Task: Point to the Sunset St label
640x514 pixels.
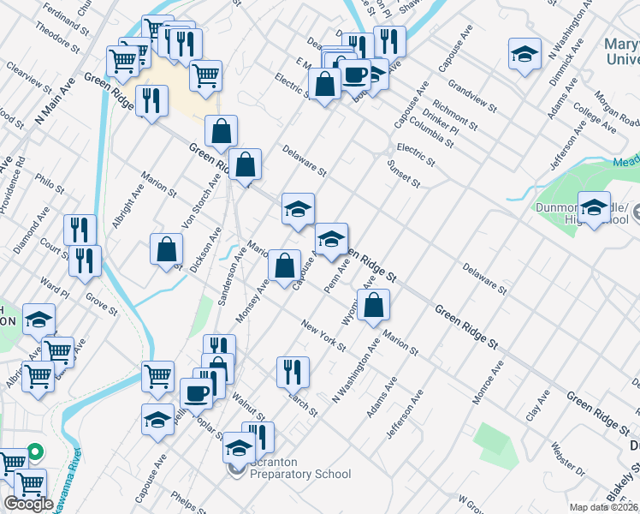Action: coord(404,172)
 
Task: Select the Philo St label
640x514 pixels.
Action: coord(50,184)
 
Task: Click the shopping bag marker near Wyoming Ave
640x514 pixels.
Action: coord(373,305)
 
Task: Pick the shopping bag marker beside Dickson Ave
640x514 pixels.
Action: coord(166,250)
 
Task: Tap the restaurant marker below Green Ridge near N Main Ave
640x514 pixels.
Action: coord(151,101)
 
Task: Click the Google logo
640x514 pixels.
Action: coord(28,504)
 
